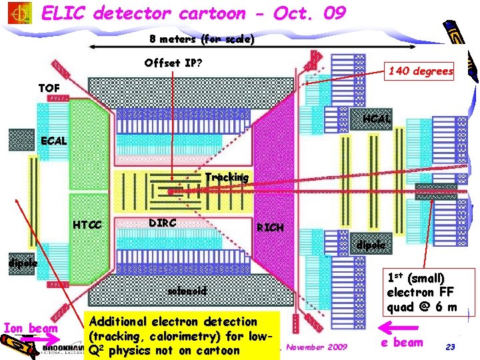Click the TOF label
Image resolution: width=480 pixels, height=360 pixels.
(49, 88)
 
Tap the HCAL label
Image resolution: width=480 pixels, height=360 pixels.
(376, 119)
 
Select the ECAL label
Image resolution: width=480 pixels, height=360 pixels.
(54, 141)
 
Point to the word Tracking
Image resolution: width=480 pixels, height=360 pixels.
(226, 177)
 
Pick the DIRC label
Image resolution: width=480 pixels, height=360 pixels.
(162, 223)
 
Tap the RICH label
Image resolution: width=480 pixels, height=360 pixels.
(270, 227)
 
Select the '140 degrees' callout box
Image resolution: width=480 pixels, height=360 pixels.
(421, 71)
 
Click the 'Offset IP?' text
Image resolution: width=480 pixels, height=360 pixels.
(173, 63)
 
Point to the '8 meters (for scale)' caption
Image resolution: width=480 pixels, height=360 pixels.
(201, 39)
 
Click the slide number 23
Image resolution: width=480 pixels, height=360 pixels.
(450, 347)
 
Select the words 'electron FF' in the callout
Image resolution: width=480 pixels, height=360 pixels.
(421, 292)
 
